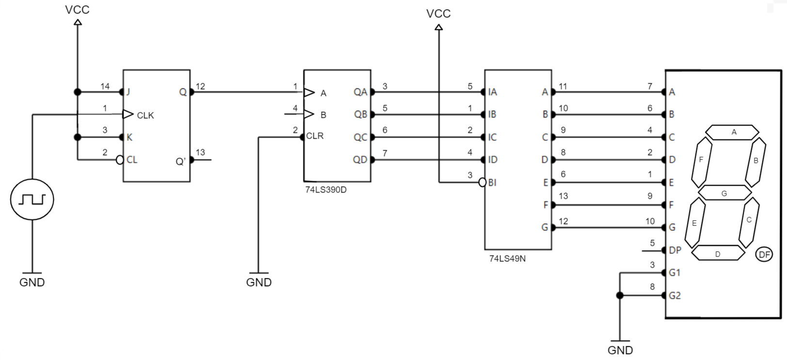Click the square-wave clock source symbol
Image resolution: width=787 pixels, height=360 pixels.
(32, 199)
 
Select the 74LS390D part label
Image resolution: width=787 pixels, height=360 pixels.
(326, 190)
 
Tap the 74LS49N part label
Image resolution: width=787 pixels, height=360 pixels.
(507, 259)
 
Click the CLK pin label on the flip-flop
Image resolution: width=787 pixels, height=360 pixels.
(145, 115)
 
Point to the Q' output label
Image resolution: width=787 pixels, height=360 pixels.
(180, 162)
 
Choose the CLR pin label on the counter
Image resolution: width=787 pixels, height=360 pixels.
(315, 136)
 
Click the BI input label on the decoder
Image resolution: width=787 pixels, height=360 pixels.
(492, 182)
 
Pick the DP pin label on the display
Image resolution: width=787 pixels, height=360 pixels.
(675, 250)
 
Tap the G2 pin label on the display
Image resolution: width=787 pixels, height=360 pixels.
(675, 295)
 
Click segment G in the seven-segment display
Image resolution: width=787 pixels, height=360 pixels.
(724, 193)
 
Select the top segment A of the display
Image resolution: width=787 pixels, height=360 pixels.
(732, 132)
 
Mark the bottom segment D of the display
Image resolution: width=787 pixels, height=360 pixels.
(718, 253)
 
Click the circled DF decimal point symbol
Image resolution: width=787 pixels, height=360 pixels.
(764, 255)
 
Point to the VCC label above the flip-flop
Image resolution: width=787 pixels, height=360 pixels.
(77, 10)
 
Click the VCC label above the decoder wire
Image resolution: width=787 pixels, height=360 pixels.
(438, 14)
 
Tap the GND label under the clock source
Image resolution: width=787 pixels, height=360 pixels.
(32, 283)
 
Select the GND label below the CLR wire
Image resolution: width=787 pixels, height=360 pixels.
(259, 283)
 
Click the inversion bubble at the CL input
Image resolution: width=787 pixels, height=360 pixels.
(119, 160)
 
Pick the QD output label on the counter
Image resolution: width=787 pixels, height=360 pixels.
(360, 160)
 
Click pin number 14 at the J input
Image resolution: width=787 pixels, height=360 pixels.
(105, 86)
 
